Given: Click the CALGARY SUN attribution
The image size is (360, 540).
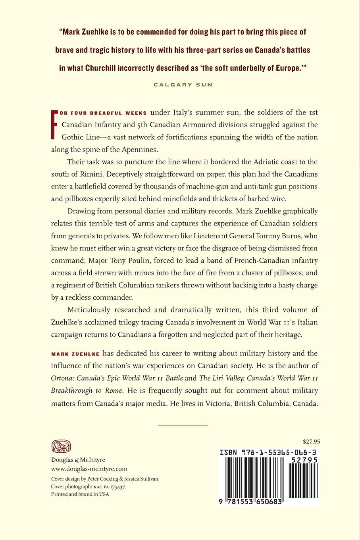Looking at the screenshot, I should point(183,84).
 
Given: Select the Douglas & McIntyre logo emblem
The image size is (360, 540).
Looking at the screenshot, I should point(61,447).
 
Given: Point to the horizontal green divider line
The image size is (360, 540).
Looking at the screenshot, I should point(183,425).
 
